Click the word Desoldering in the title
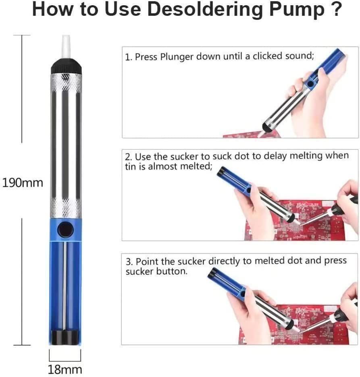coord(204,10)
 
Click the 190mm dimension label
coord(23,183)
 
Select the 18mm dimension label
coord(65,369)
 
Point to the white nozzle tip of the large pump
coord(66,46)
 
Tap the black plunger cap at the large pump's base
coord(65,338)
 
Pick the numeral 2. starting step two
coord(129,157)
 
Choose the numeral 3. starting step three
coord(129,261)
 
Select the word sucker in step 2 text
coord(184,157)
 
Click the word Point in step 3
coord(147,261)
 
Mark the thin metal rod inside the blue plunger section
coord(65,286)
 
